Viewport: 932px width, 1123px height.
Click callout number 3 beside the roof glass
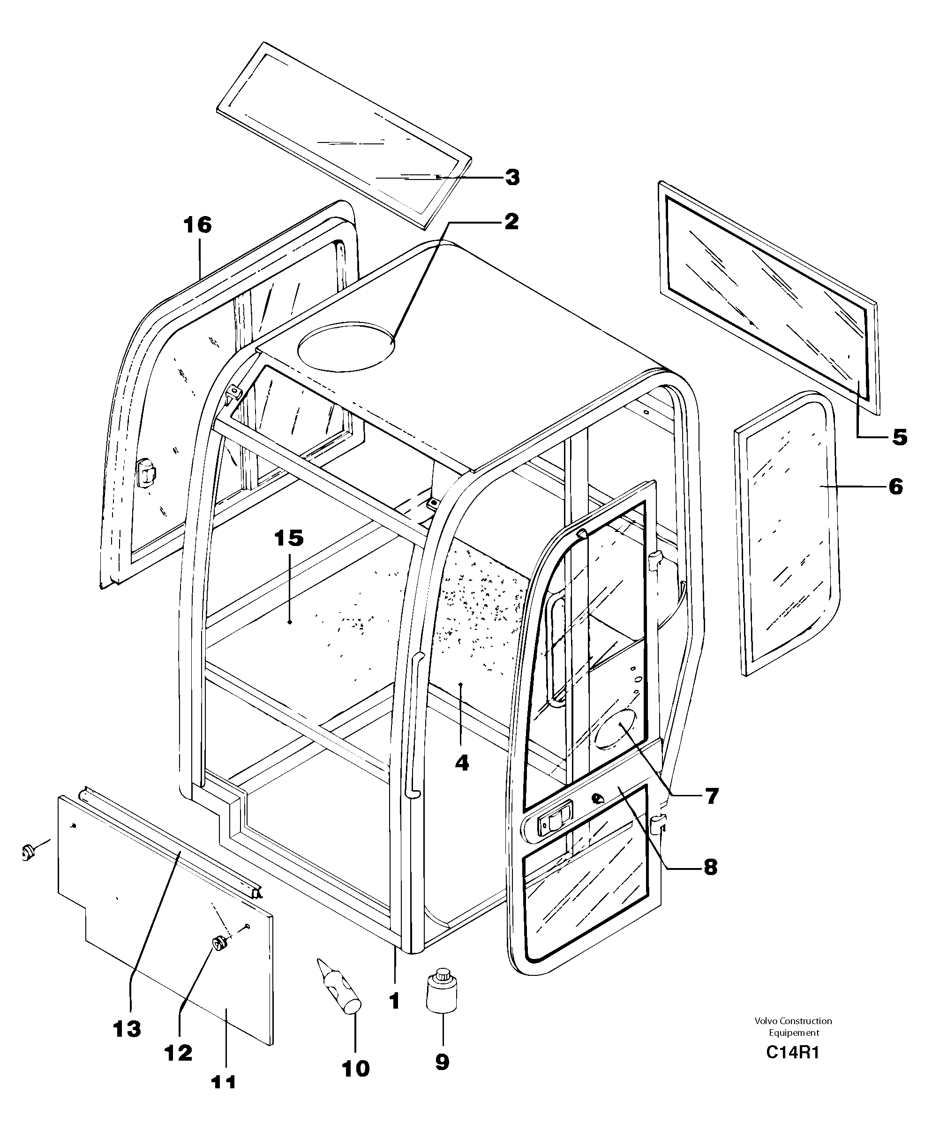(512, 178)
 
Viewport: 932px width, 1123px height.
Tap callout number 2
(511, 221)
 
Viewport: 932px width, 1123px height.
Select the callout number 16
(197, 225)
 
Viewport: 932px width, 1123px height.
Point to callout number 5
(899, 437)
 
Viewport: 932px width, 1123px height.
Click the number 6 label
(895, 487)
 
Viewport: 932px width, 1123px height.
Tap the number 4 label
(462, 763)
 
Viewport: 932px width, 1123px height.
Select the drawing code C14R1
(792, 1052)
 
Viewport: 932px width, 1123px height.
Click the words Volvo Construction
(793, 1021)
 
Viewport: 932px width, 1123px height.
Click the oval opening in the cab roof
(346, 346)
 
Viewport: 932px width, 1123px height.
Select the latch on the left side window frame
(145, 473)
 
